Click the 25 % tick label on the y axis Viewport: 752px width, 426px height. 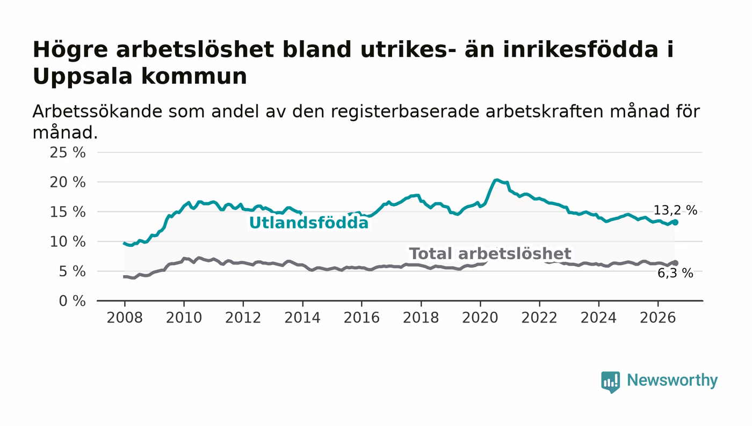click(68, 152)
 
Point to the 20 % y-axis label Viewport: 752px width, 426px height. click(68, 182)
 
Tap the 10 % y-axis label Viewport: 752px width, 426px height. click(68, 241)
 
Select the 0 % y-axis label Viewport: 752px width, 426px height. click(72, 301)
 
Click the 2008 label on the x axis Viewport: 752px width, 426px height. click(125, 318)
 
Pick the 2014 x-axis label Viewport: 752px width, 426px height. click(302, 318)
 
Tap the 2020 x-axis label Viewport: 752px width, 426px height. click(480, 318)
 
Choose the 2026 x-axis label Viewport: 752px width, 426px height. click(657, 318)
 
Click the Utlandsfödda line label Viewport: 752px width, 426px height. click(308, 223)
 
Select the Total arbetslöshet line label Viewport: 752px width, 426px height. click(490, 254)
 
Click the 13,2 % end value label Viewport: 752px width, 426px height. click(675, 210)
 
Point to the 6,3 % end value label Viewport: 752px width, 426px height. click(675, 274)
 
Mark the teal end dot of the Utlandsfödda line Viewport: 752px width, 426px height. click(675, 223)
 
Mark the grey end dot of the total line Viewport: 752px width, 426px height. click(675, 263)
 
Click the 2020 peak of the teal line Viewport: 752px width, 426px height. click(497, 180)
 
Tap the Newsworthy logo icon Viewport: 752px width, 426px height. click(610, 382)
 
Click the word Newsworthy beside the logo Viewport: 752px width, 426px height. click(672, 380)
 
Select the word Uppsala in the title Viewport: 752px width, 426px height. click(83, 77)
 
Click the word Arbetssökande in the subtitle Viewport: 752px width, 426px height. click(97, 112)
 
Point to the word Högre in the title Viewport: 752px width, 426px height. click(70, 50)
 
